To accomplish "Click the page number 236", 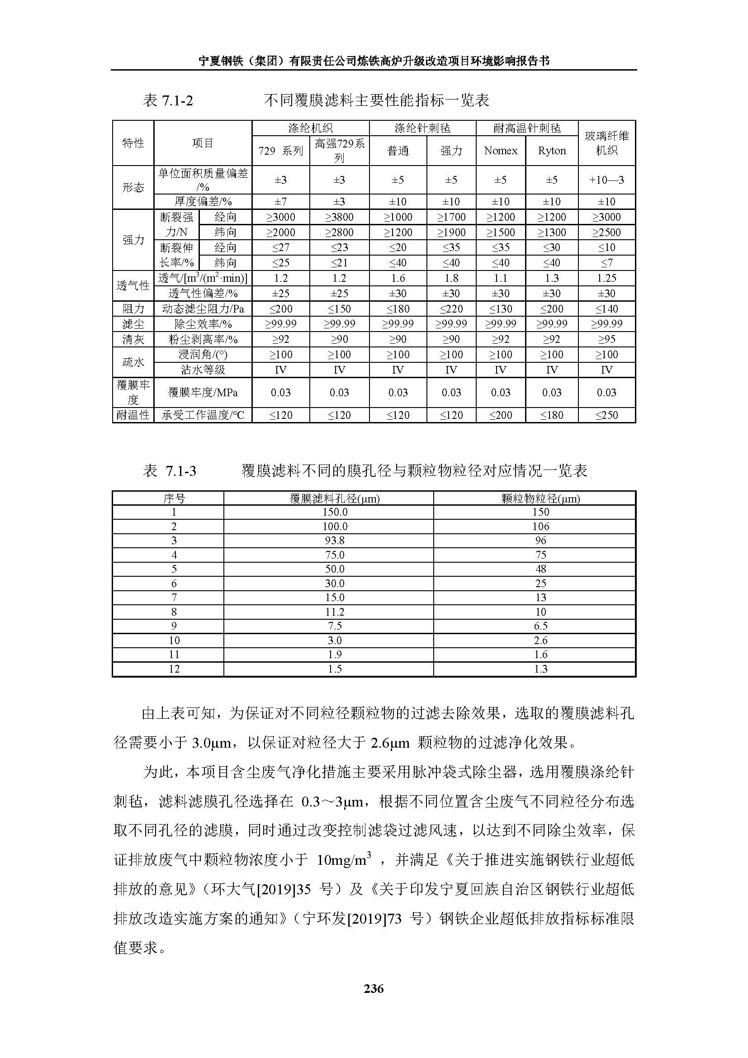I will [x=374, y=988].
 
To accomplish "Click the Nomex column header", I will [x=501, y=151].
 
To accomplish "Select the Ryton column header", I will [x=552, y=151].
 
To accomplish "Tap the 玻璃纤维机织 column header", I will [x=606, y=143].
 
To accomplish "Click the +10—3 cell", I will [x=606, y=180].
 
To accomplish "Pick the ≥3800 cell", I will [x=339, y=217].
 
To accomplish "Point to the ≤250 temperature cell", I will [x=606, y=415].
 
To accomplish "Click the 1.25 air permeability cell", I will [x=606, y=278].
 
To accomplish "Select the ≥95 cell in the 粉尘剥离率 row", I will [x=606, y=339].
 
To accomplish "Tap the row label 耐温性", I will [x=133, y=415].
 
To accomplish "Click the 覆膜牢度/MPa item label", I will [x=203, y=393].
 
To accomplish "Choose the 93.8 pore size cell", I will [x=335, y=541].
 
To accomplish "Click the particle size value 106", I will [x=541, y=526].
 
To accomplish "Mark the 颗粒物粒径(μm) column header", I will [x=541, y=498].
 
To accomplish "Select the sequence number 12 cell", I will [x=174, y=669].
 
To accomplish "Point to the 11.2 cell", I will [x=335, y=612].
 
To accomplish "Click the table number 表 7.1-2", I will [x=168, y=100].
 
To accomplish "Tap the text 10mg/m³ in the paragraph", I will [x=344, y=860].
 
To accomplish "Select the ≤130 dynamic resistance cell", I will [x=501, y=309].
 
